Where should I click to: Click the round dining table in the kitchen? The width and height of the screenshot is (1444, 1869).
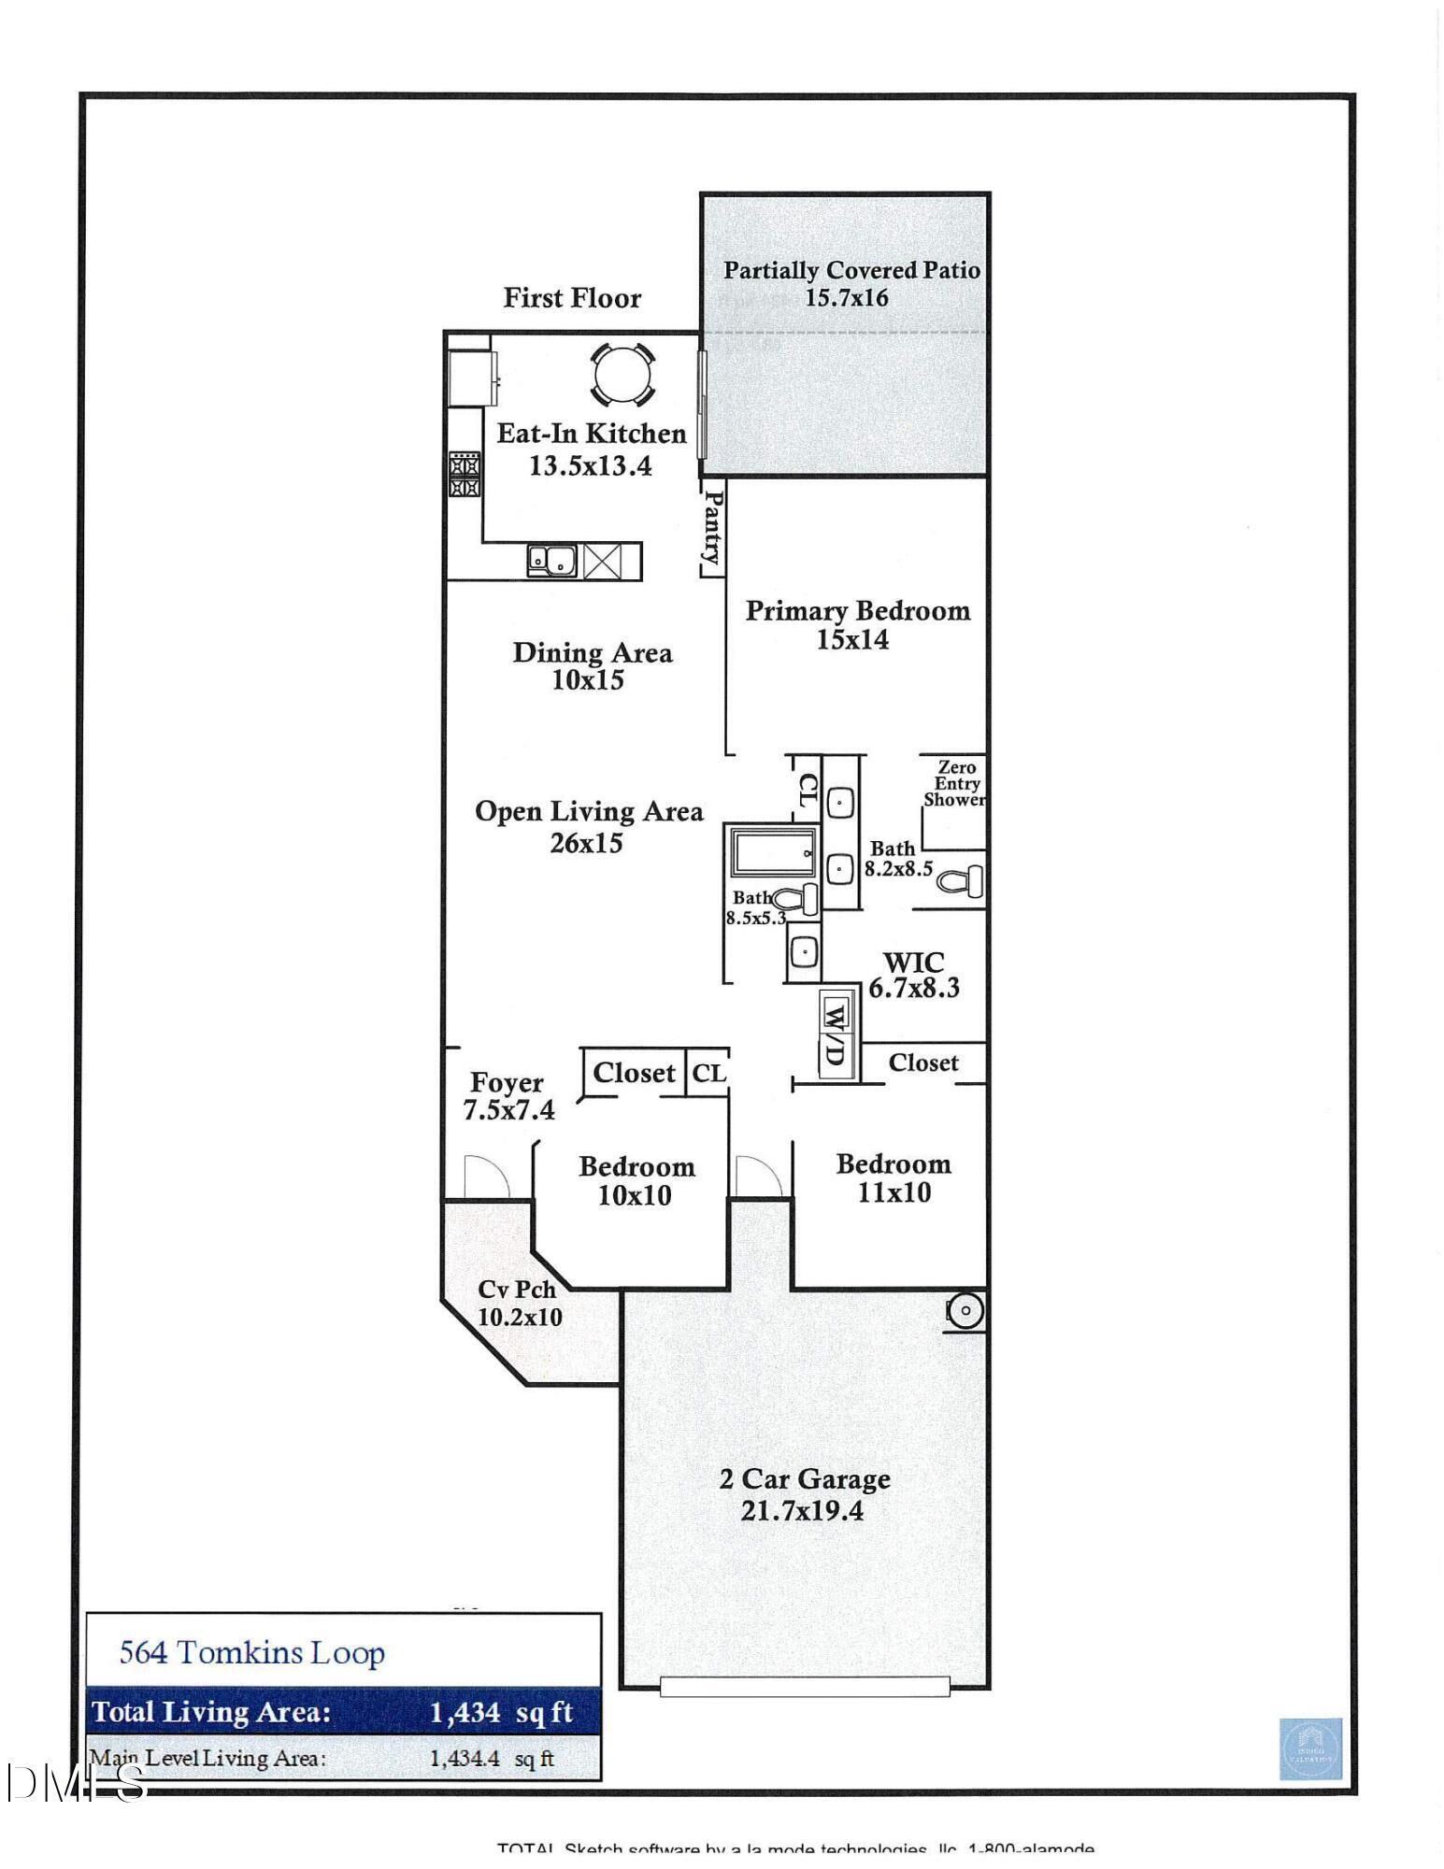(x=622, y=374)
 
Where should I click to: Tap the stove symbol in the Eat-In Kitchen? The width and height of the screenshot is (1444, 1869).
(x=465, y=474)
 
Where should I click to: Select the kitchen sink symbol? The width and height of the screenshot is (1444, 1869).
(x=551, y=561)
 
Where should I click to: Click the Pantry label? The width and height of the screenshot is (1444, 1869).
(x=713, y=528)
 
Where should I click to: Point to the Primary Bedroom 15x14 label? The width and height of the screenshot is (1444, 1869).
(x=856, y=624)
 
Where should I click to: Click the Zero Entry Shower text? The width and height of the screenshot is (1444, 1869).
(x=954, y=783)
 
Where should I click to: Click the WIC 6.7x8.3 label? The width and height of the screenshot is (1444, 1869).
(x=913, y=975)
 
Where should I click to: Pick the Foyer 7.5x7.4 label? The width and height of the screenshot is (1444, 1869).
(x=508, y=1095)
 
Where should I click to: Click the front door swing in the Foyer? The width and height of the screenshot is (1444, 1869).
(x=485, y=1177)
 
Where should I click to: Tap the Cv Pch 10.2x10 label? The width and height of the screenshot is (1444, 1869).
(x=519, y=1303)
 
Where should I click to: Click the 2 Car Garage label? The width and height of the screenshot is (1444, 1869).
(x=804, y=1493)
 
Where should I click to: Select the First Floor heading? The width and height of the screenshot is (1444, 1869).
(x=572, y=298)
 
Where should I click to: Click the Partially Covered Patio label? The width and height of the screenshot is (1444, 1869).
(x=851, y=283)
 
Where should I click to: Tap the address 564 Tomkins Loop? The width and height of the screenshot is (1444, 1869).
(x=252, y=1652)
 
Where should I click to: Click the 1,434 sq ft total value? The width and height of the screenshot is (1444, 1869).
(x=500, y=1712)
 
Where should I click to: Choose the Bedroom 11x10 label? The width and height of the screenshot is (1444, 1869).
(x=894, y=1177)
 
